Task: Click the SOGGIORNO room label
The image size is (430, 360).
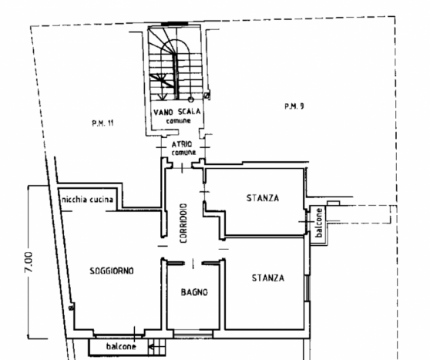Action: tap(112, 271)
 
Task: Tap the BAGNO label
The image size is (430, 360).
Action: tap(194, 292)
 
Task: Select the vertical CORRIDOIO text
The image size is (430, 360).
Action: tap(183, 223)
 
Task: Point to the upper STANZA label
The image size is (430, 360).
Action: tap(263, 198)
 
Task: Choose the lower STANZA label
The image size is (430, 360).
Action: tap(268, 278)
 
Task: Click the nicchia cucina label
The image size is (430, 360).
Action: tap(88, 199)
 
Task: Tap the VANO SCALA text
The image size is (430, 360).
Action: tap(177, 112)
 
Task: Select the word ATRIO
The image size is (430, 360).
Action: tap(182, 144)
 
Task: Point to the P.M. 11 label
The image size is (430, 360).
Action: tap(102, 123)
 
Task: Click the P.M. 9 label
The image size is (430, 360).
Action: tap(294, 106)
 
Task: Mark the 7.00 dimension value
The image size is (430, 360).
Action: tap(29, 262)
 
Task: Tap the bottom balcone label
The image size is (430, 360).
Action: tap(121, 347)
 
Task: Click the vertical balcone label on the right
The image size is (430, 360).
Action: tap(319, 223)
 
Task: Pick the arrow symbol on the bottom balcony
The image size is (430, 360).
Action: tap(151, 348)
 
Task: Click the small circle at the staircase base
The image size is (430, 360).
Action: tap(191, 99)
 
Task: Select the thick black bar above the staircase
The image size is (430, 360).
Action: tap(174, 24)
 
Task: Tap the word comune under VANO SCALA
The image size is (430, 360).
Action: tap(178, 121)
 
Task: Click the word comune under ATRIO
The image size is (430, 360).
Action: tap(183, 153)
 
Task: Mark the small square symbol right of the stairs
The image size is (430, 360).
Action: tap(207, 96)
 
